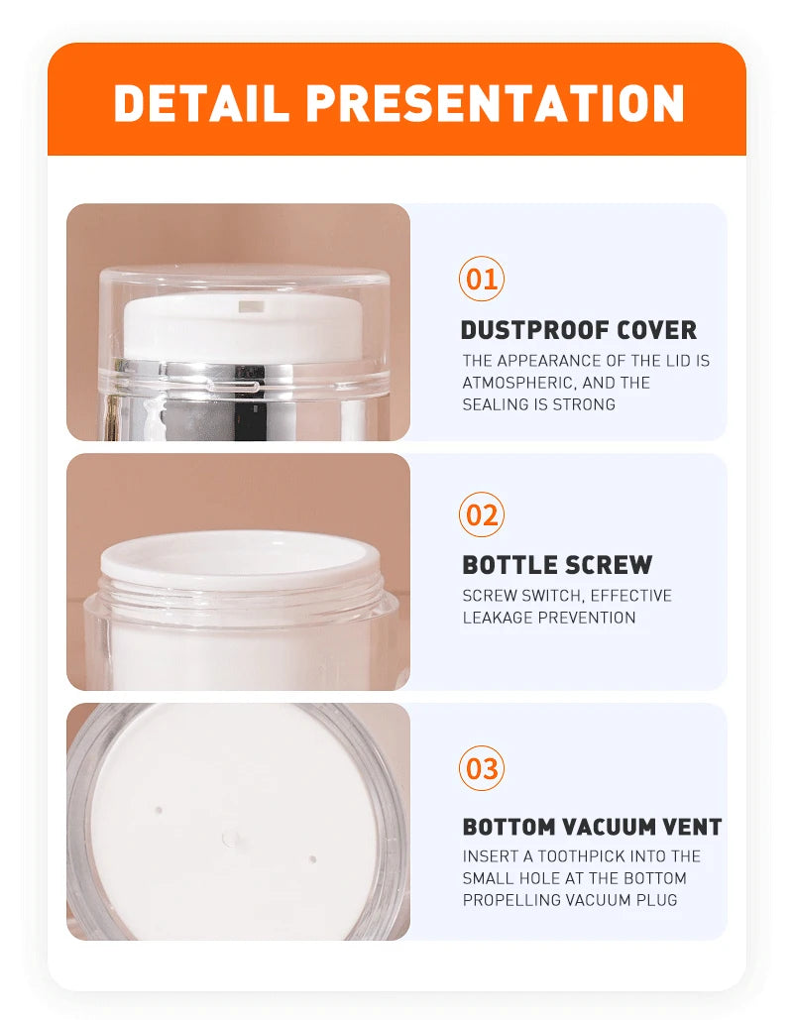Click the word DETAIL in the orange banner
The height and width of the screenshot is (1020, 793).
click(199, 103)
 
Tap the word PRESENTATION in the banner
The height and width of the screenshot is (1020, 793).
click(495, 103)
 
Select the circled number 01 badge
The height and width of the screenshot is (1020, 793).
click(482, 280)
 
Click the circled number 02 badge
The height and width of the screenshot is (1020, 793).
click(482, 514)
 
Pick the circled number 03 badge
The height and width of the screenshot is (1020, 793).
click(482, 769)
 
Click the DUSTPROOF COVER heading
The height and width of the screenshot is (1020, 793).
click(578, 330)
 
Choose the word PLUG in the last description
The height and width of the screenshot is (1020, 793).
click(656, 900)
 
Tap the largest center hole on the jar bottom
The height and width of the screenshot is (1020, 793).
click(231, 840)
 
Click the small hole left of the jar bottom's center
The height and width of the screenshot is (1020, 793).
click(159, 810)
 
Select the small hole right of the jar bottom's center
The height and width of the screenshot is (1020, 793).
click(312, 859)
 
